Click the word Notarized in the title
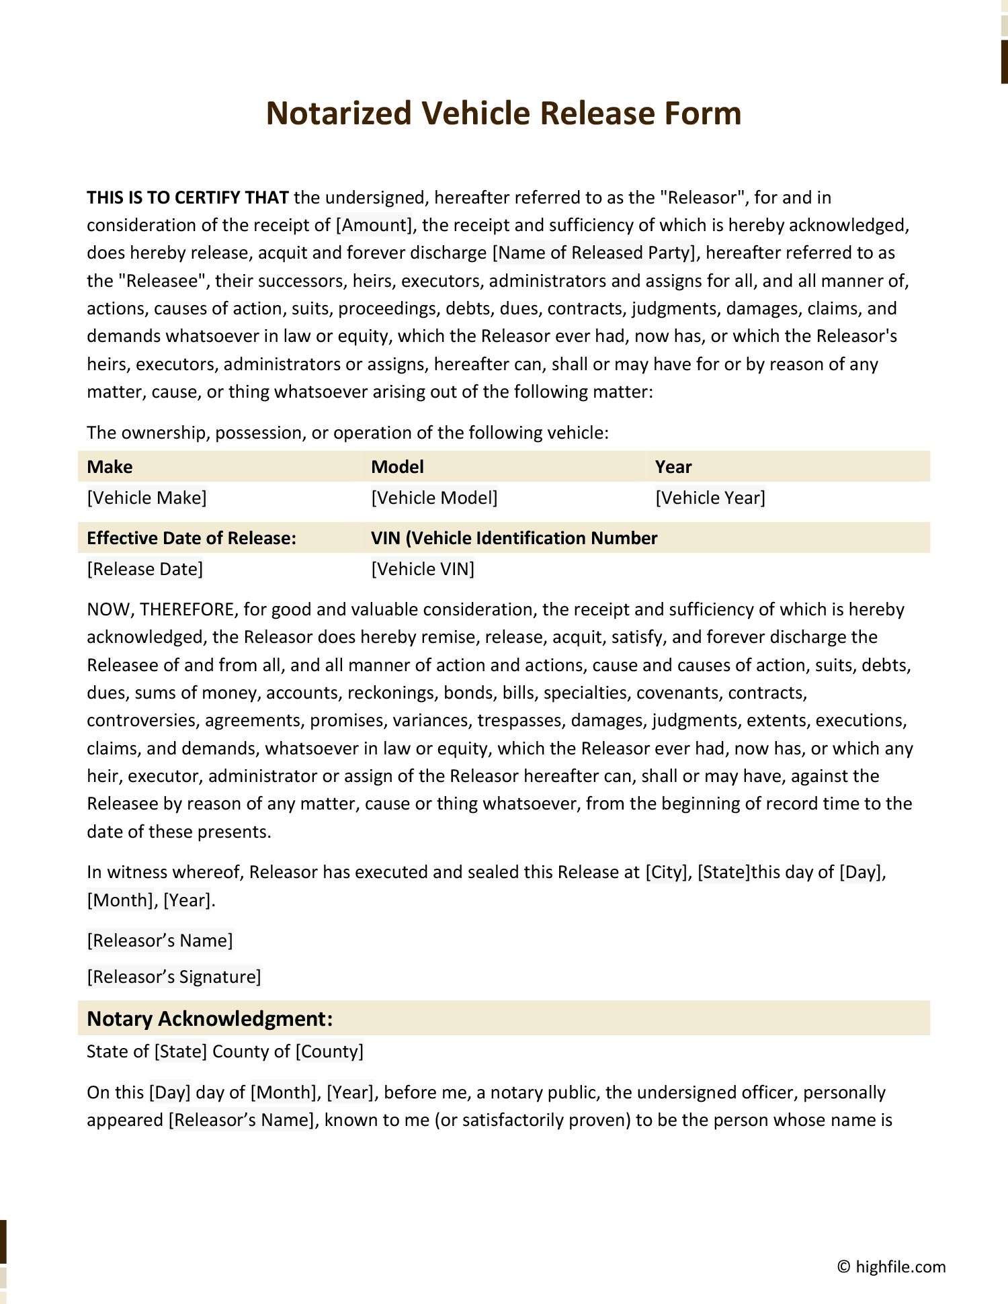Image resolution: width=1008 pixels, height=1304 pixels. [338, 113]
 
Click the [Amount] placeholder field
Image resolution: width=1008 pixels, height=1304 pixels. [374, 225]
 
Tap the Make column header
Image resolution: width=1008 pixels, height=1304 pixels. [110, 467]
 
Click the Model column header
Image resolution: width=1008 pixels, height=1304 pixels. [397, 467]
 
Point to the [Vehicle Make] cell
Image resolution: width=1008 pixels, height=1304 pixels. [146, 498]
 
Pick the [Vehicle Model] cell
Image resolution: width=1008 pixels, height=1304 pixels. [434, 498]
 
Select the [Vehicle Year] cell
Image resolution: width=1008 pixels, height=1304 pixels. [710, 498]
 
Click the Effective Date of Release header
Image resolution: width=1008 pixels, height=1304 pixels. [192, 538]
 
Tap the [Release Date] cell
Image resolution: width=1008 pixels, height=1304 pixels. [144, 569]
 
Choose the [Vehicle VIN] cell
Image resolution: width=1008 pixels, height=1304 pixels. [423, 569]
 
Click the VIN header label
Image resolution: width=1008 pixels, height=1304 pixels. [514, 538]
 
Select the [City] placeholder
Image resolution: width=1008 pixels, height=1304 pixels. [666, 872]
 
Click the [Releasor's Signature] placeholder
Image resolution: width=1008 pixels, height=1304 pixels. [173, 976]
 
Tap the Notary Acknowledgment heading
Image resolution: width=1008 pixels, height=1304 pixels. [210, 1018]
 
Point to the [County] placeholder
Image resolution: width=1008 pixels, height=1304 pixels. [329, 1051]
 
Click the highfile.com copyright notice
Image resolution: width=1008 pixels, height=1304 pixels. [891, 1267]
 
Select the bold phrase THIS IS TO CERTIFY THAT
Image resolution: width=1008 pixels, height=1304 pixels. [187, 198]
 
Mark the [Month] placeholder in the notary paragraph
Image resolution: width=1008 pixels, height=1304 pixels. [283, 1092]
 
